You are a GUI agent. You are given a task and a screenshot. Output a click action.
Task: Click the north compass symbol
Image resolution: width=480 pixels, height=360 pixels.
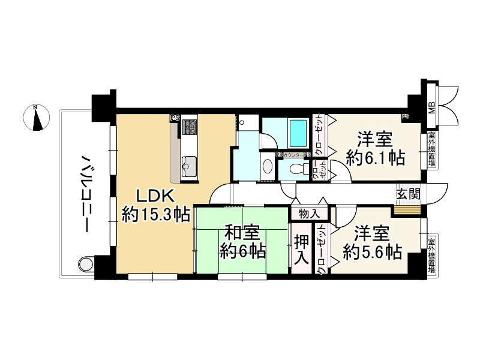[36, 117]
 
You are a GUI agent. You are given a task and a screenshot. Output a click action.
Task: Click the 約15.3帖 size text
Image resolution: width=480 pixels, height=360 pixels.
[157, 214]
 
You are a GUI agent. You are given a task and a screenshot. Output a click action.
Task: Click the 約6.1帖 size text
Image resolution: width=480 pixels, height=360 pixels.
[375, 158]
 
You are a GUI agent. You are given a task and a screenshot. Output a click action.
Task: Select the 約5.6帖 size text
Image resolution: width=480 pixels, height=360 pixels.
[372, 251]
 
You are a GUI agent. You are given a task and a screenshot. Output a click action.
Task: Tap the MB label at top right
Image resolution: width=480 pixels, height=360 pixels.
[431, 108]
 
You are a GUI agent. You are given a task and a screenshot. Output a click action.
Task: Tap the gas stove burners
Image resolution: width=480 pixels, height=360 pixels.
[191, 127]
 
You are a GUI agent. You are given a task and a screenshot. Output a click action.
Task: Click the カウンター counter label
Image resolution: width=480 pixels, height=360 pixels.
[293, 155]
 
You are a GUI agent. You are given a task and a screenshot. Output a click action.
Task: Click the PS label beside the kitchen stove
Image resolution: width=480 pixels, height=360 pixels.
[175, 118]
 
